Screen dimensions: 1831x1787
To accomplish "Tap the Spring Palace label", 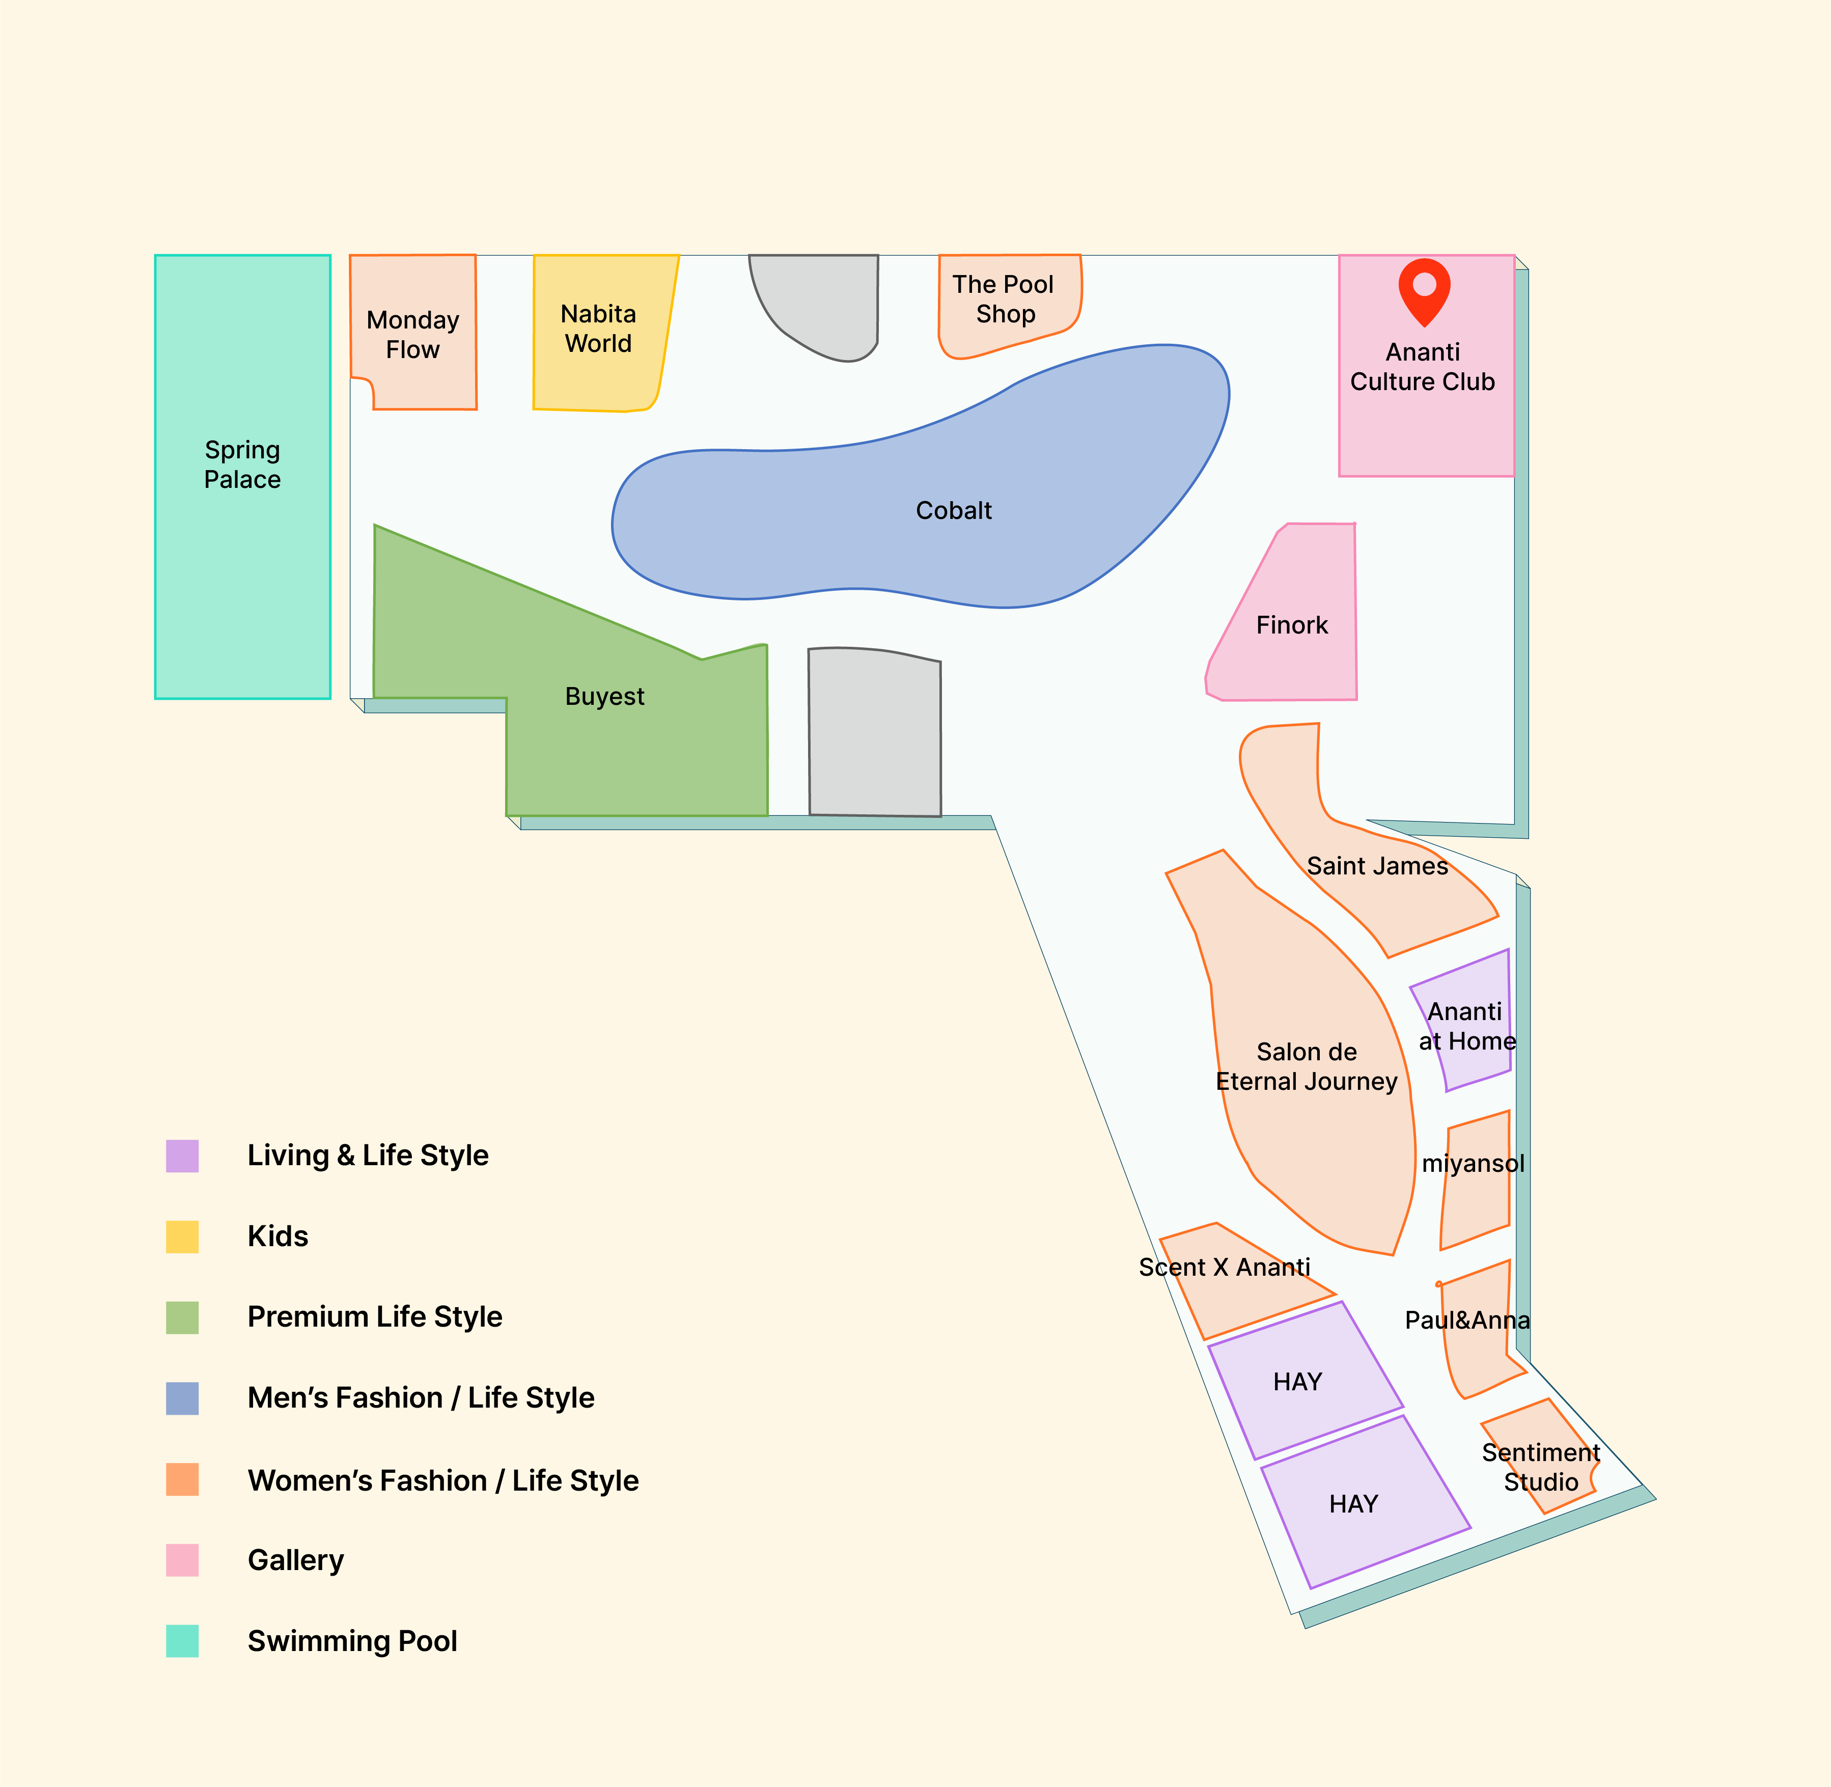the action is tap(242, 464).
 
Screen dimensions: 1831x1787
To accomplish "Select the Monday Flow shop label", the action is tap(413, 334).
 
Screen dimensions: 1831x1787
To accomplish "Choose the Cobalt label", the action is tap(954, 511).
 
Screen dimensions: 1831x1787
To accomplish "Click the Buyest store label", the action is tap(604, 696).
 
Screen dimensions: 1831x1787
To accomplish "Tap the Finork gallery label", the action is tap(1292, 625).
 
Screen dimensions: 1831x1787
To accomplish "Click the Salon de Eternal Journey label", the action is tap(1307, 1066).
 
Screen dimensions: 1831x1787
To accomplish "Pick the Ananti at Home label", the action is tap(1467, 1026).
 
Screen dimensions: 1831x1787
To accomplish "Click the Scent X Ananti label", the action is tap(1224, 1267).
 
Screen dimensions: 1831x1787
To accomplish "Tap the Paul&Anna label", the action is tap(1467, 1321).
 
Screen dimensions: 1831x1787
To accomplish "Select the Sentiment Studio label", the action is tap(1541, 1467).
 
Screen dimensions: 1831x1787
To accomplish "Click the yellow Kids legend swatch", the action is tap(182, 1237).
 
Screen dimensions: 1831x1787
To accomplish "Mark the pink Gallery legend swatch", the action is tap(182, 1560).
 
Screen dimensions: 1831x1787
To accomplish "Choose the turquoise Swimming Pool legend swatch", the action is tap(182, 1640).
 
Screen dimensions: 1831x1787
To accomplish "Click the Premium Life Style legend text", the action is tap(374, 1317).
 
